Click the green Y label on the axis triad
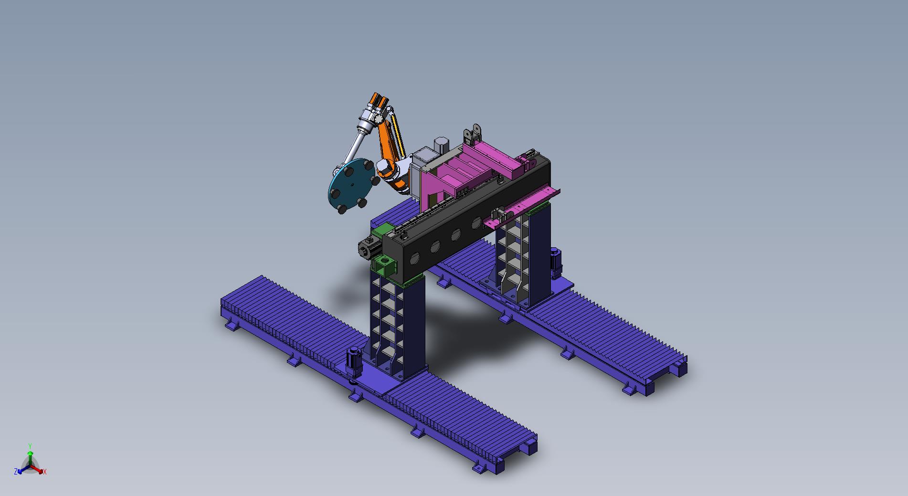pos(30,446)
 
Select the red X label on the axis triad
pos(45,472)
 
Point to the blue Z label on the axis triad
pos(16,472)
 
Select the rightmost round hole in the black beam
pos(476,222)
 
